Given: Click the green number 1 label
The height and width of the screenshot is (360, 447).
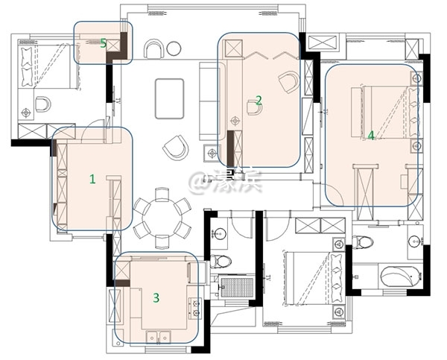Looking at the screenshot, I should [x=92, y=179].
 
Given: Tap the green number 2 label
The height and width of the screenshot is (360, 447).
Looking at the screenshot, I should [x=259, y=100].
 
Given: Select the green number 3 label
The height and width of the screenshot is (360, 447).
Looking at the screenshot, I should [x=156, y=298].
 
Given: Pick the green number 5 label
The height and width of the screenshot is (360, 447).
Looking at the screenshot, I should [x=104, y=42].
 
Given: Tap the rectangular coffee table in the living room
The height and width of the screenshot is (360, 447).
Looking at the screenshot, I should [x=169, y=98].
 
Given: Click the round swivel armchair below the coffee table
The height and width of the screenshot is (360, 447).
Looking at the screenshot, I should [x=175, y=148].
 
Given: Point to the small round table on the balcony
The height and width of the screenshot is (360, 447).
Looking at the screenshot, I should [x=174, y=48].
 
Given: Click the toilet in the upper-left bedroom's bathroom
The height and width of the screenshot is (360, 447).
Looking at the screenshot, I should [x=42, y=104].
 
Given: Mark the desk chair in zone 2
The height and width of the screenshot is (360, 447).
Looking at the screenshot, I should [x=254, y=109].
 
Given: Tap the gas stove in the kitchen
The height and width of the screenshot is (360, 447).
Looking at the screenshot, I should [x=195, y=308].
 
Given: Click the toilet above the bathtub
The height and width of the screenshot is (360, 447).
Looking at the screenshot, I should [x=362, y=243].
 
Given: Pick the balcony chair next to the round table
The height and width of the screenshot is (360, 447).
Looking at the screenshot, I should [x=153, y=49].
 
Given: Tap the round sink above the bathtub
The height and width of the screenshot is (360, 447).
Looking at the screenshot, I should [x=414, y=241].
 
